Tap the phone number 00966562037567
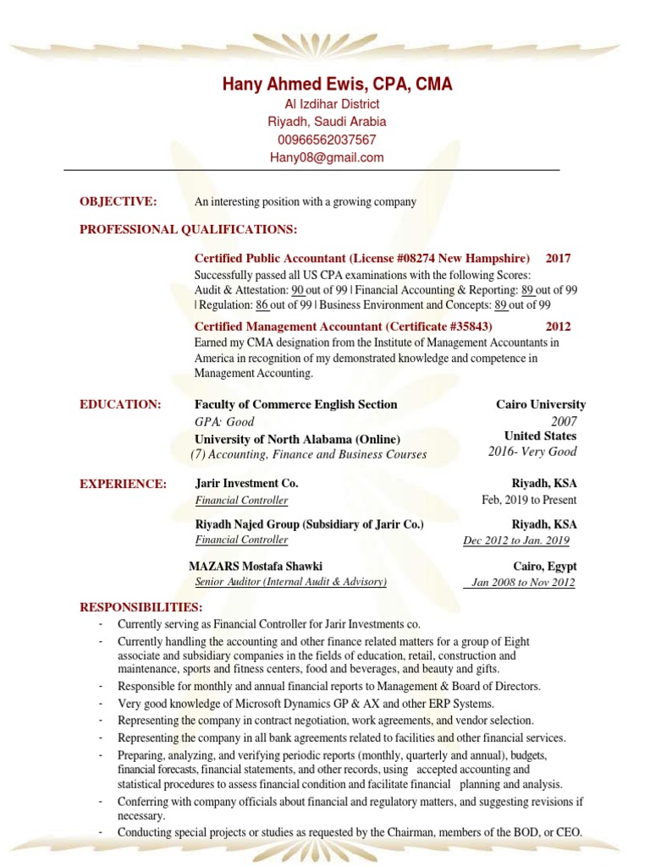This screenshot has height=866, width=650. [326, 140]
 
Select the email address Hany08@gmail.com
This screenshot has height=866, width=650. [326, 157]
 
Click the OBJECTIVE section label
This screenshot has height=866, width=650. [118, 201]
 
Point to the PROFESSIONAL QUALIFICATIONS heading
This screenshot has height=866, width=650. [189, 229]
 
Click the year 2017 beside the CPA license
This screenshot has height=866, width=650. [559, 258]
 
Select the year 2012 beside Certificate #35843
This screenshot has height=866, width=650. [559, 326]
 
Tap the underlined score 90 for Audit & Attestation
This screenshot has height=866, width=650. [298, 290]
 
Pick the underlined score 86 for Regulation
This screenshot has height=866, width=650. [262, 305]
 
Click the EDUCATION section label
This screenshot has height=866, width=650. [120, 404]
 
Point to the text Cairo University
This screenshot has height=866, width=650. [541, 404]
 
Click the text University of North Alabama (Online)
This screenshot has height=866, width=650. [297, 439]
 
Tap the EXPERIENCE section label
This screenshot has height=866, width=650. [123, 484]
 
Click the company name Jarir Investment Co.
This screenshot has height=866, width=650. [246, 484]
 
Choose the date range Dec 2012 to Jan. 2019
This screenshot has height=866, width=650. [516, 541]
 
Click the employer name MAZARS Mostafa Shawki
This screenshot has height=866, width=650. [256, 567]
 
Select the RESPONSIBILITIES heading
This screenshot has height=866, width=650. [140, 607]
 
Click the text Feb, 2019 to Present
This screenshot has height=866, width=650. [529, 500]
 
